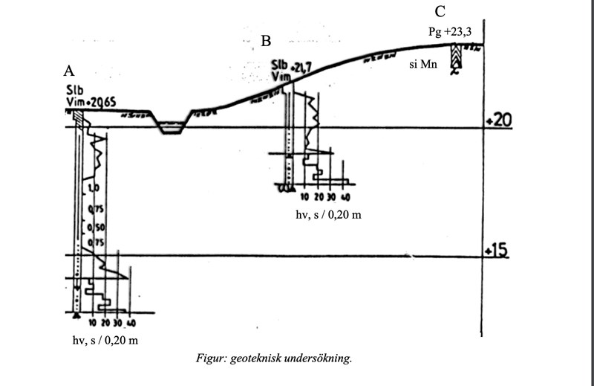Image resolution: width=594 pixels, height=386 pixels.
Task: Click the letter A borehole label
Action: click(70, 71)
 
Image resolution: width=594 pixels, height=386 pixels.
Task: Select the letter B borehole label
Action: click(266, 41)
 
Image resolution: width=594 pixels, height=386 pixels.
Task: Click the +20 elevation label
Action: click(495, 120)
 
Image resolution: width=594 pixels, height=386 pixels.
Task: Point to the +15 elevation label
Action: click(495, 251)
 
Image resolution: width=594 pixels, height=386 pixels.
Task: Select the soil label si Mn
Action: click(423, 65)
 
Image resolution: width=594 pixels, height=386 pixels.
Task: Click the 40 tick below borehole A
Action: click(131, 324)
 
